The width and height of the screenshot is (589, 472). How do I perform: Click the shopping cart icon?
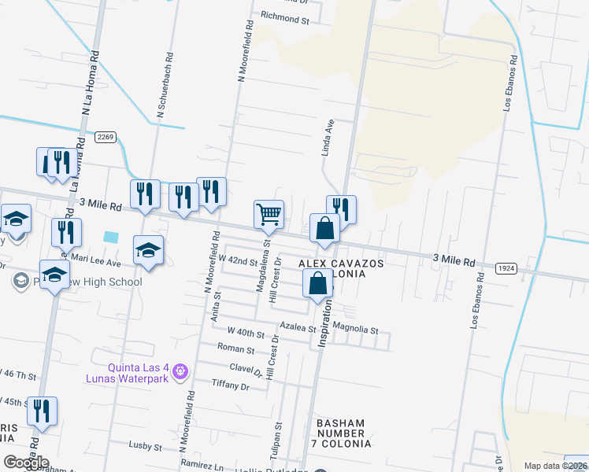269,214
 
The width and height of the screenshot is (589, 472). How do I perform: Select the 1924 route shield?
506,268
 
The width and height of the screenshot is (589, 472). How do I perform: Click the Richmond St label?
285,17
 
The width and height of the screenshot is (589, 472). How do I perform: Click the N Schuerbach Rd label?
165,86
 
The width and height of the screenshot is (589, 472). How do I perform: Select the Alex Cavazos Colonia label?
341,268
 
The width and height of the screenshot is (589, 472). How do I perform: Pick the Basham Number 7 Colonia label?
341,433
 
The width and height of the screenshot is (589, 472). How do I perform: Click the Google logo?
26,463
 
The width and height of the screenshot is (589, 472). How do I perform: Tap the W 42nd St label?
238,260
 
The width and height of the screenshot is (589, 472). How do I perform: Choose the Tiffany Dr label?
231,385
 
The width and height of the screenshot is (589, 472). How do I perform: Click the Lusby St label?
145,447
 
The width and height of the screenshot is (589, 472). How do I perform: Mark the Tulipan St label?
277,437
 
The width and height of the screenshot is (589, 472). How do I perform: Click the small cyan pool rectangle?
111,236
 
